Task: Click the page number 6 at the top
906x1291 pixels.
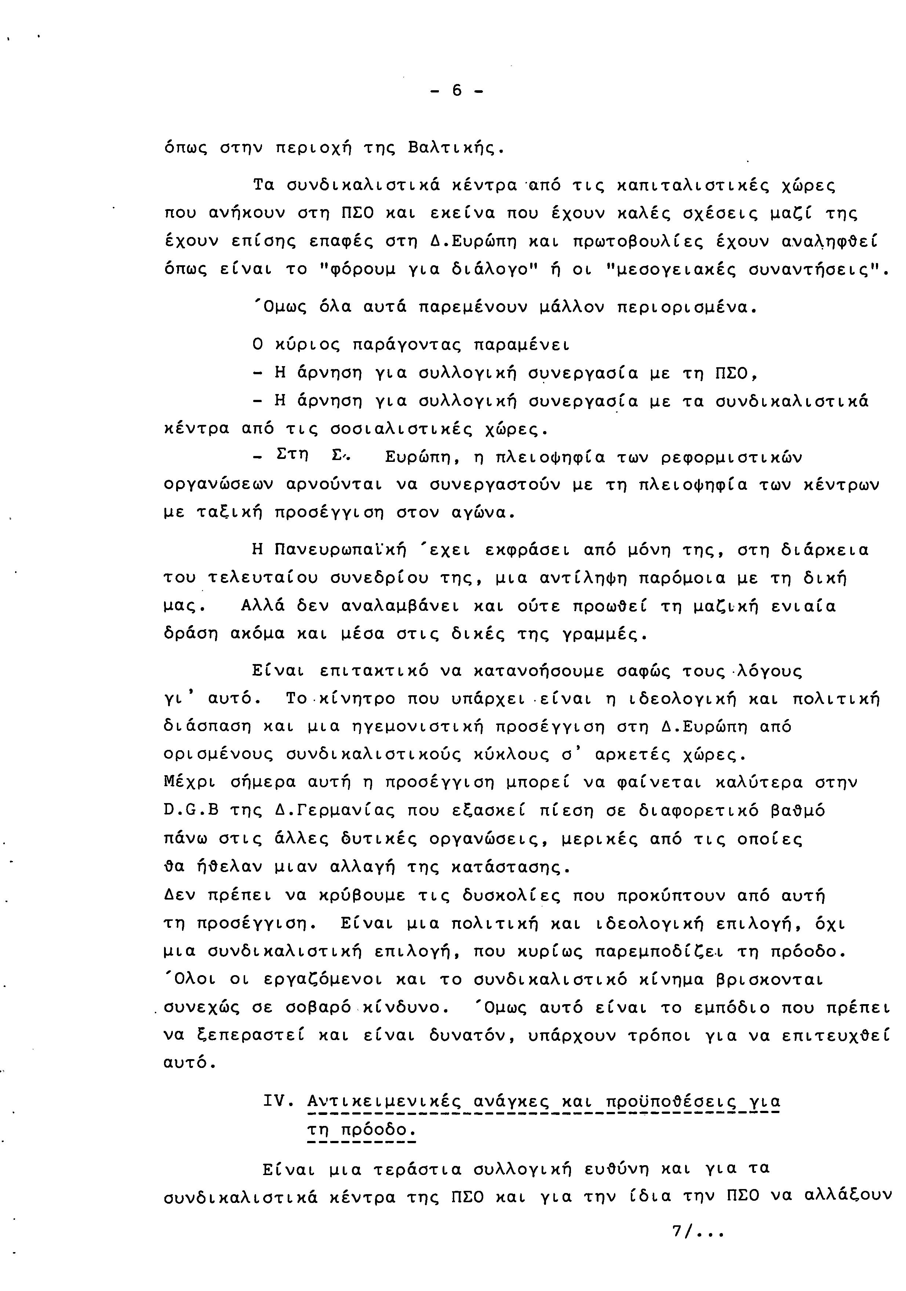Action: point(456,91)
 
